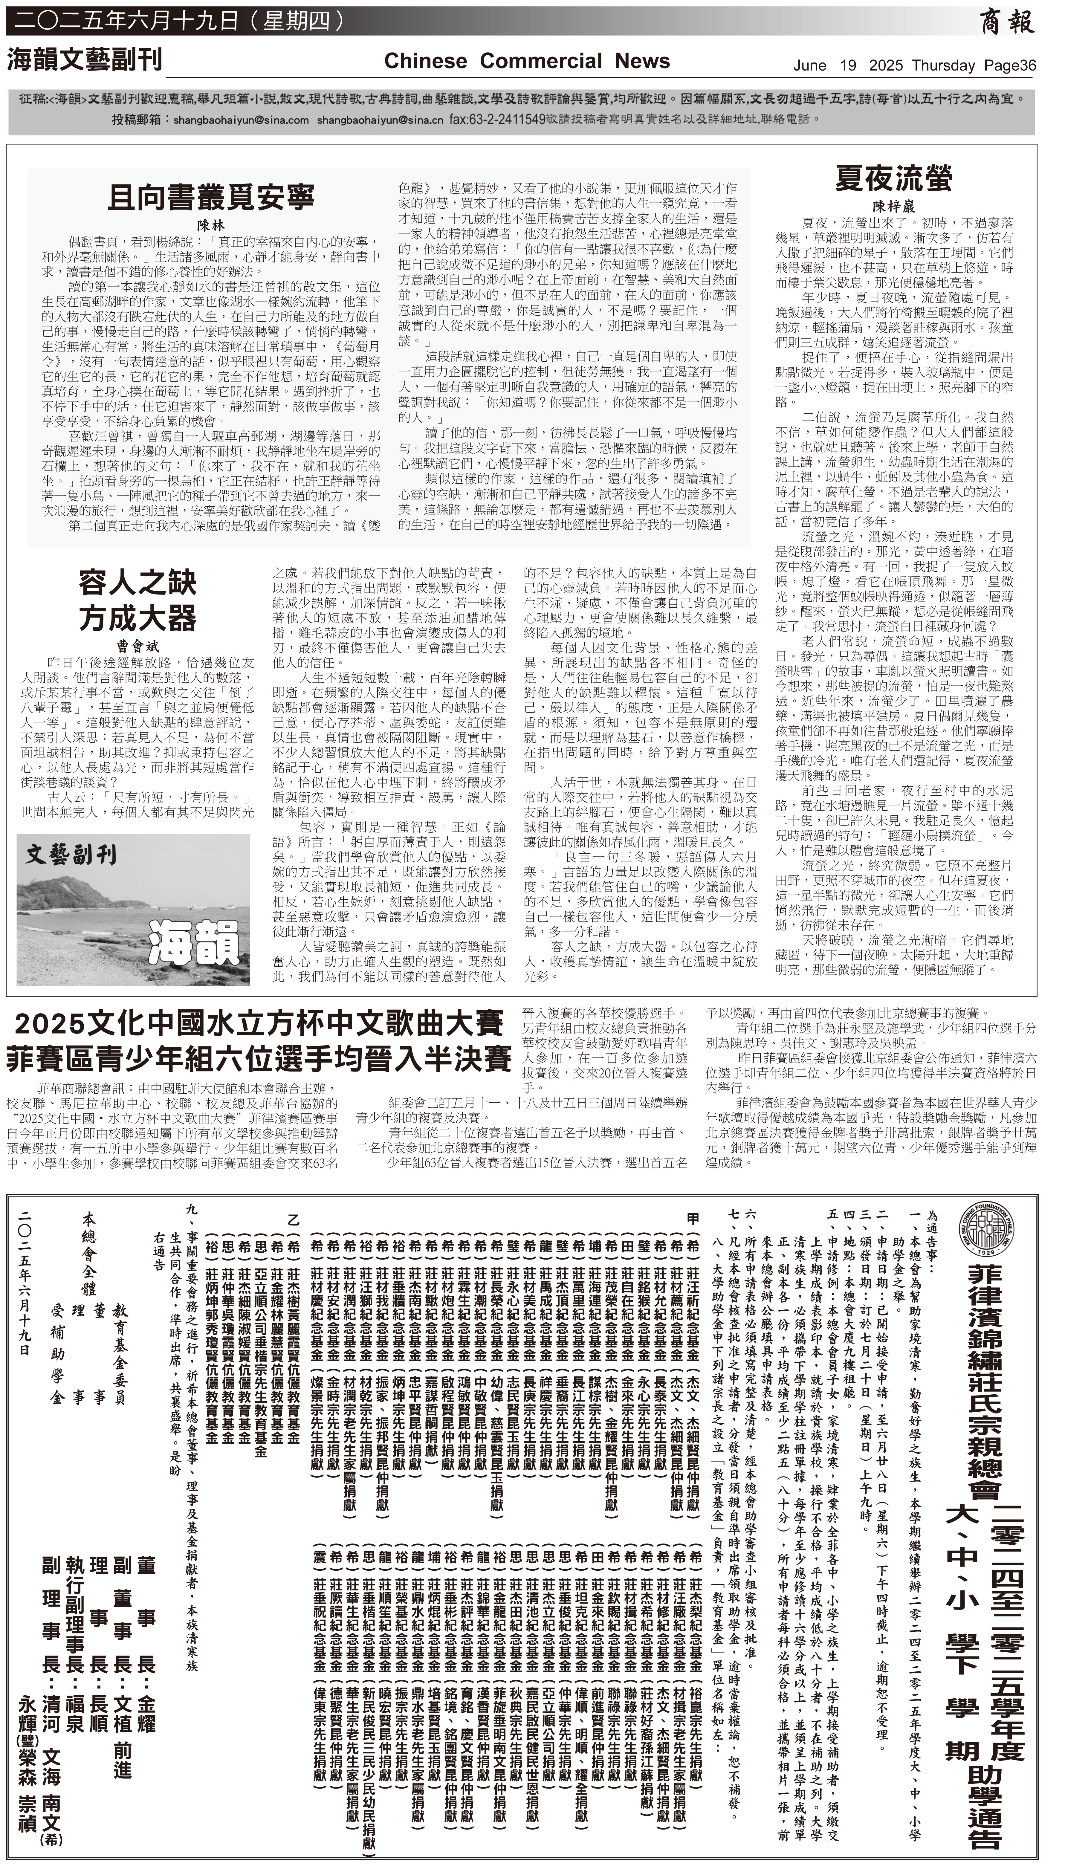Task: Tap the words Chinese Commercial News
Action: (527, 61)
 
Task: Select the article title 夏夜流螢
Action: (894, 178)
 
